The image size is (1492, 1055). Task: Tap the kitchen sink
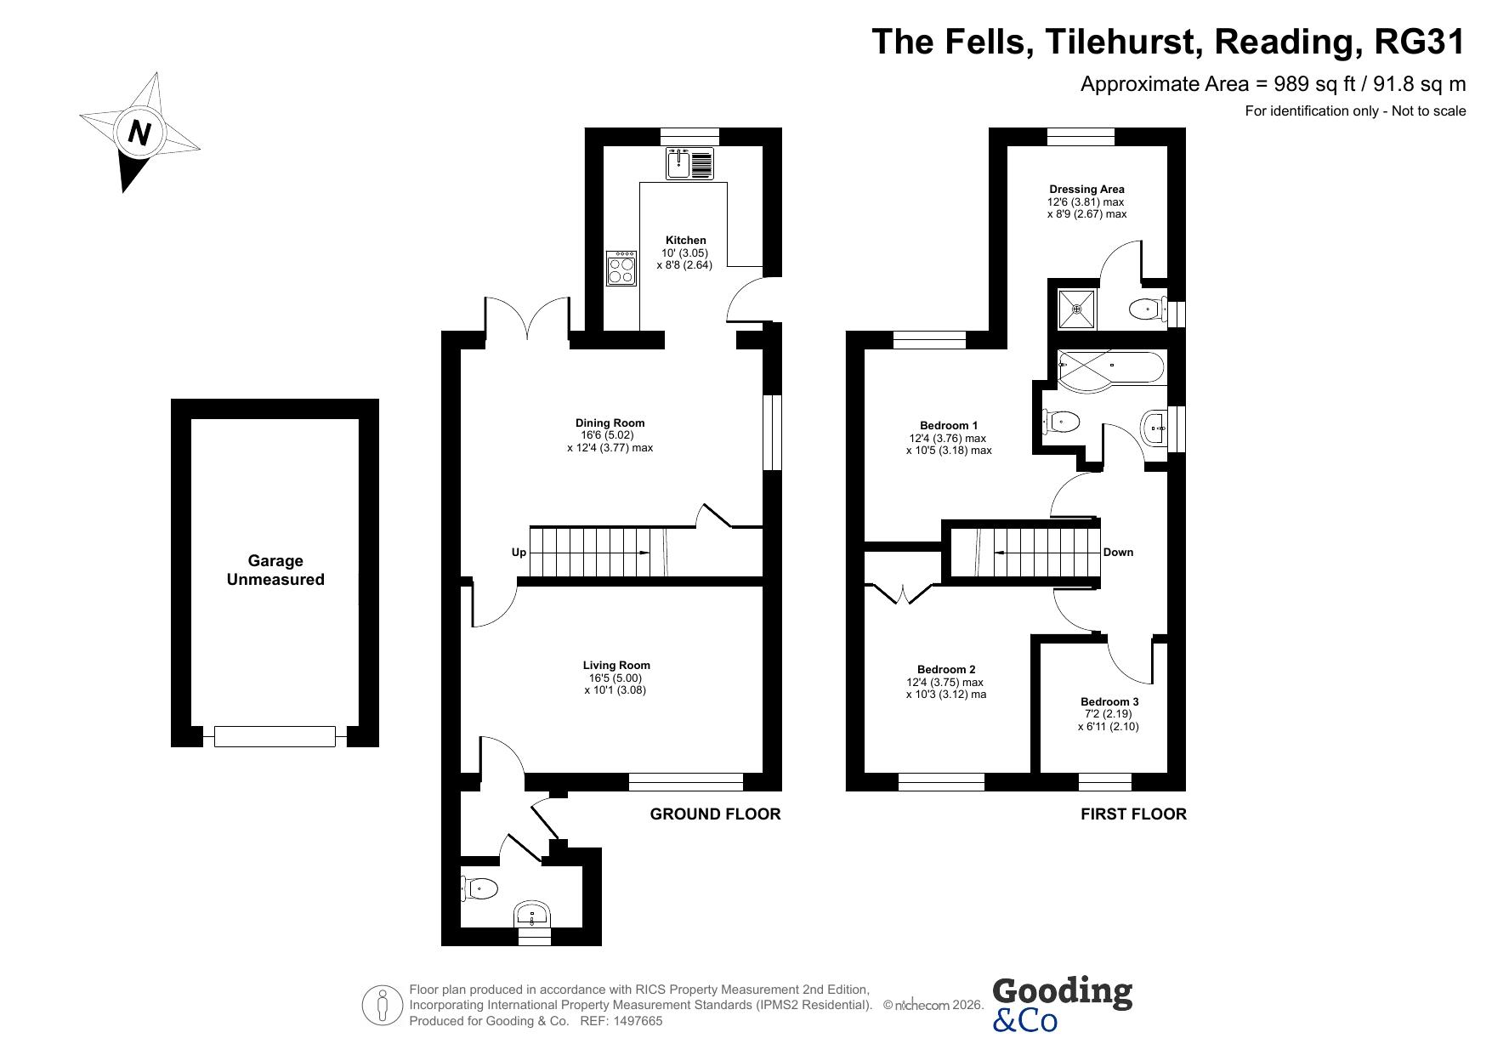(690, 163)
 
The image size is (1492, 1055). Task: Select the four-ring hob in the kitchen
(621, 268)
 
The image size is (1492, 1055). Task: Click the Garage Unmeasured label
(275, 570)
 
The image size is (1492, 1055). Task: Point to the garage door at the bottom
(275, 736)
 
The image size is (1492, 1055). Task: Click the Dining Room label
(610, 423)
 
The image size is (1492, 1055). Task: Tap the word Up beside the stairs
(519, 553)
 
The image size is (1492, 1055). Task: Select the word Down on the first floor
(1118, 553)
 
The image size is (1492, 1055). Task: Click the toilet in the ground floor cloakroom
(479, 889)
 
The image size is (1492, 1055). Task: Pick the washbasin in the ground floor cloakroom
(533, 915)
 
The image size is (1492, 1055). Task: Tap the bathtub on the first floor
(1110, 371)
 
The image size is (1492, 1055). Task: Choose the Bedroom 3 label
(1109, 701)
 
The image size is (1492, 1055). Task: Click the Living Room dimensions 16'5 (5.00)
(616, 678)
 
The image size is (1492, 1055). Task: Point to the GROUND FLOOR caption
(715, 814)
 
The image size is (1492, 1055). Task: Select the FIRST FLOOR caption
(1133, 814)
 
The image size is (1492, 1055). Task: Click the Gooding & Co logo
(1062, 1004)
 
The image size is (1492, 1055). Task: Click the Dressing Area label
(1086, 190)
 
